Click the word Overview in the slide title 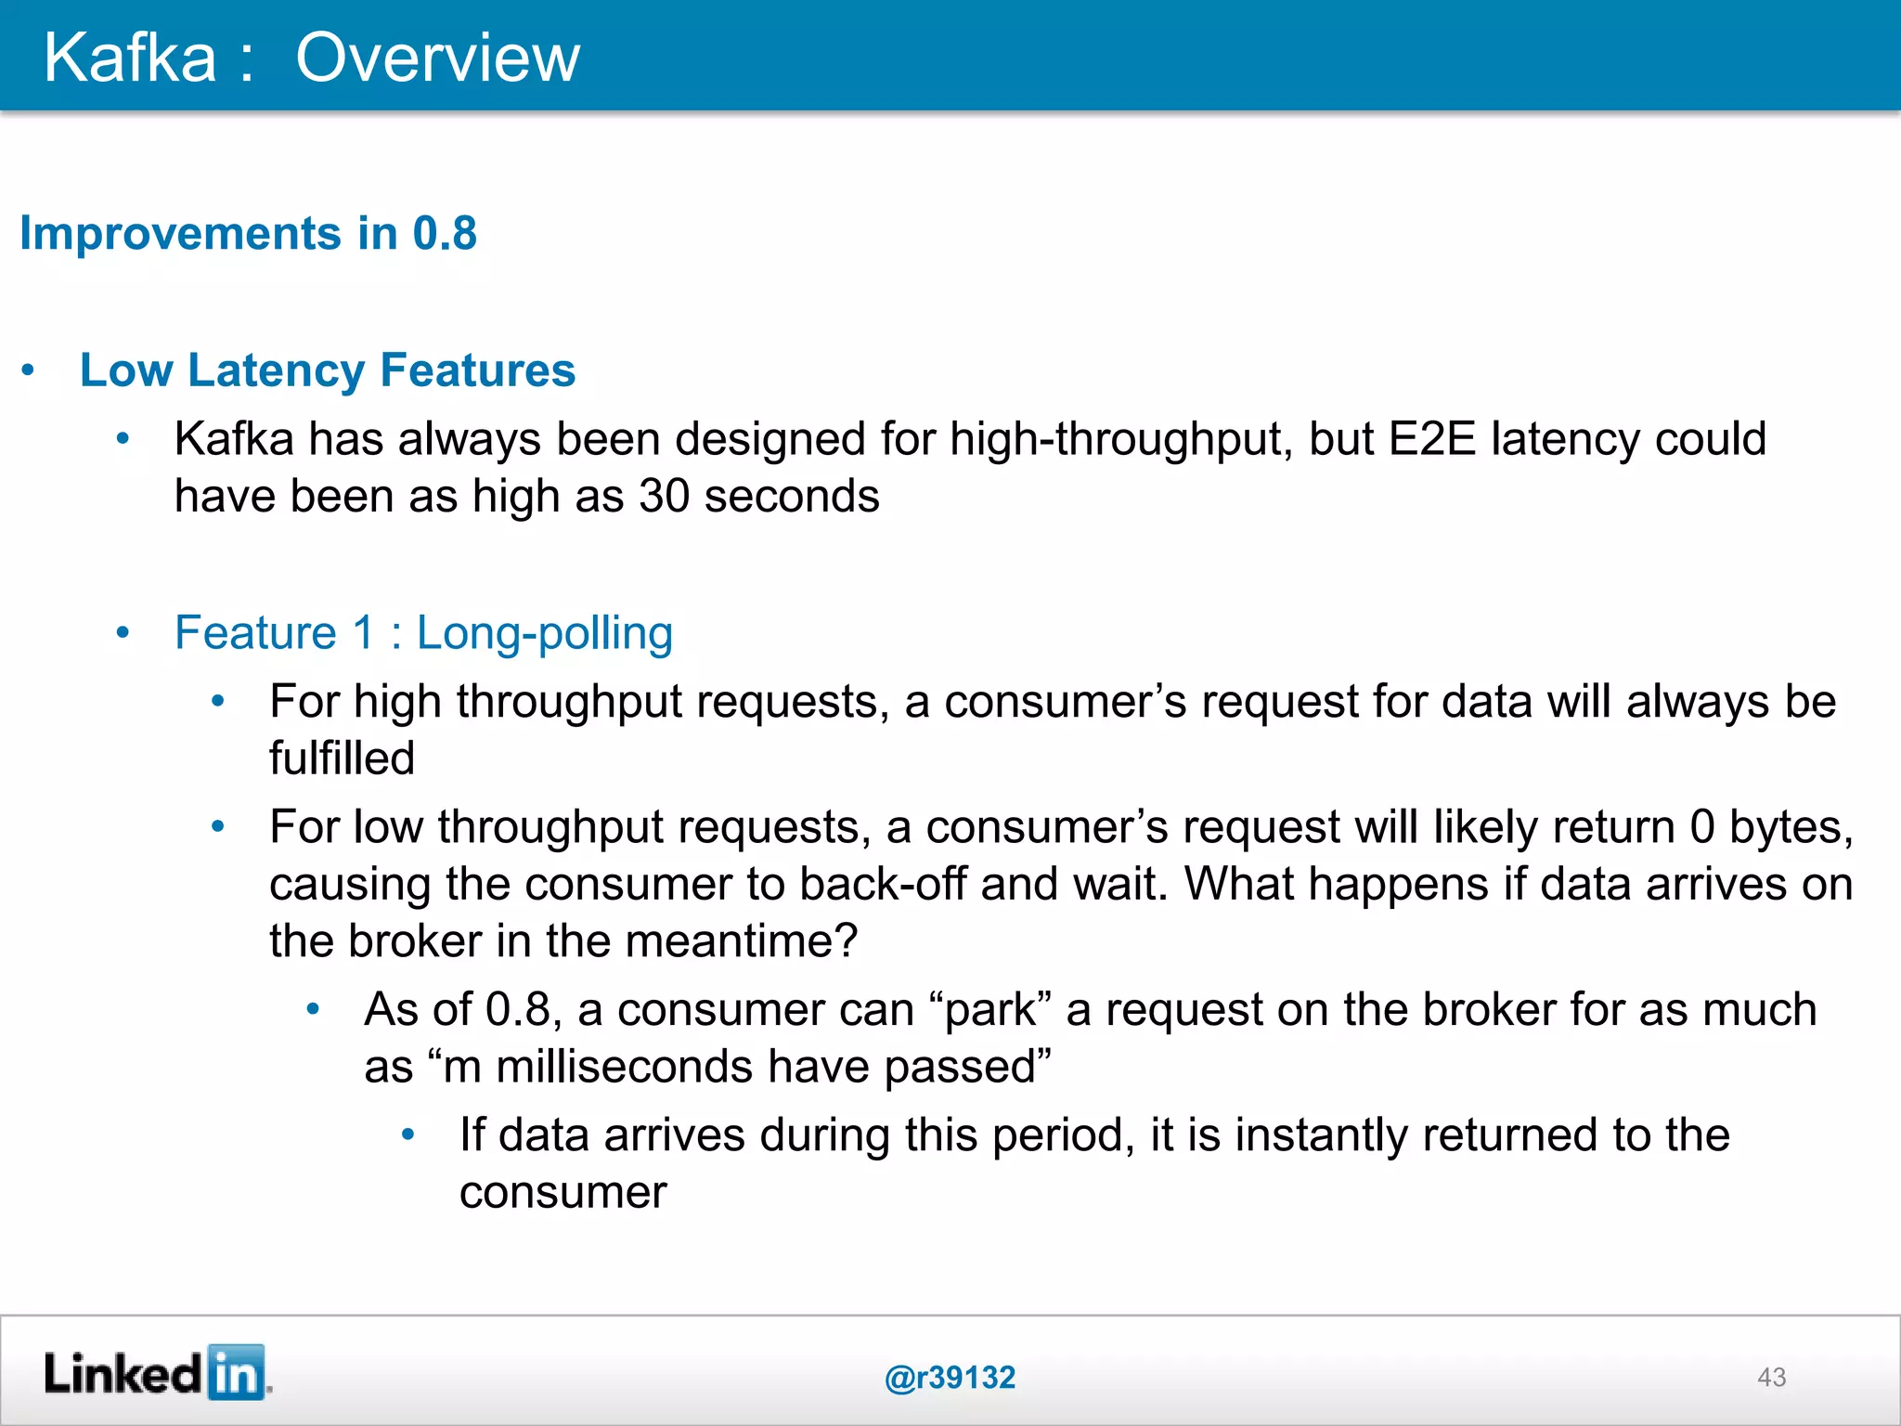click(x=437, y=58)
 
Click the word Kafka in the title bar click(x=130, y=58)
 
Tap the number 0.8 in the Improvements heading click(x=445, y=233)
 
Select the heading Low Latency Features click(x=328, y=370)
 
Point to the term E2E click(x=1432, y=439)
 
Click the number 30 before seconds click(x=664, y=497)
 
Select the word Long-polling click(x=545, y=634)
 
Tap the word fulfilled click(x=342, y=758)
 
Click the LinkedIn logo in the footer click(x=157, y=1373)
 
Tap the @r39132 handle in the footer click(x=950, y=1377)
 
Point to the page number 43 click(x=1771, y=1377)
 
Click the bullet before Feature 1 click(x=123, y=633)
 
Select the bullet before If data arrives click(x=407, y=1134)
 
